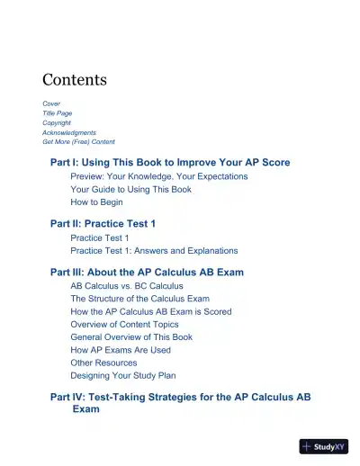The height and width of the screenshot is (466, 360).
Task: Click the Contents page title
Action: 75,80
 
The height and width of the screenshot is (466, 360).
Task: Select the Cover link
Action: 51,104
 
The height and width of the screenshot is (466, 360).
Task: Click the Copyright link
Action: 58,123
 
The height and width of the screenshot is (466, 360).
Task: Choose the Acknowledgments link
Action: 69,132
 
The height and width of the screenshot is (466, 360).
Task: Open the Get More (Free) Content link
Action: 78,142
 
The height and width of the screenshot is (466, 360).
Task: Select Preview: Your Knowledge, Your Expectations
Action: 158,177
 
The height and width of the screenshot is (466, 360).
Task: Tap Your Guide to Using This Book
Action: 130,190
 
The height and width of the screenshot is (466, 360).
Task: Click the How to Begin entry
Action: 97,202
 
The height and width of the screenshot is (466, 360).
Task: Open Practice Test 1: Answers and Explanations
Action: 154,250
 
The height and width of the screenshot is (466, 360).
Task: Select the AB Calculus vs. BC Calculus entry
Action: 127,286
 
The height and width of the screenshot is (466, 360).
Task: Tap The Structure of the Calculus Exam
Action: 139,299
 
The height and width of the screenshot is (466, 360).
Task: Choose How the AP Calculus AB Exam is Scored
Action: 150,311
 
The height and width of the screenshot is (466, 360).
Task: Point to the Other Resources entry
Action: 103,363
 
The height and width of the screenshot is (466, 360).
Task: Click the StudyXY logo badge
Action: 323,445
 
